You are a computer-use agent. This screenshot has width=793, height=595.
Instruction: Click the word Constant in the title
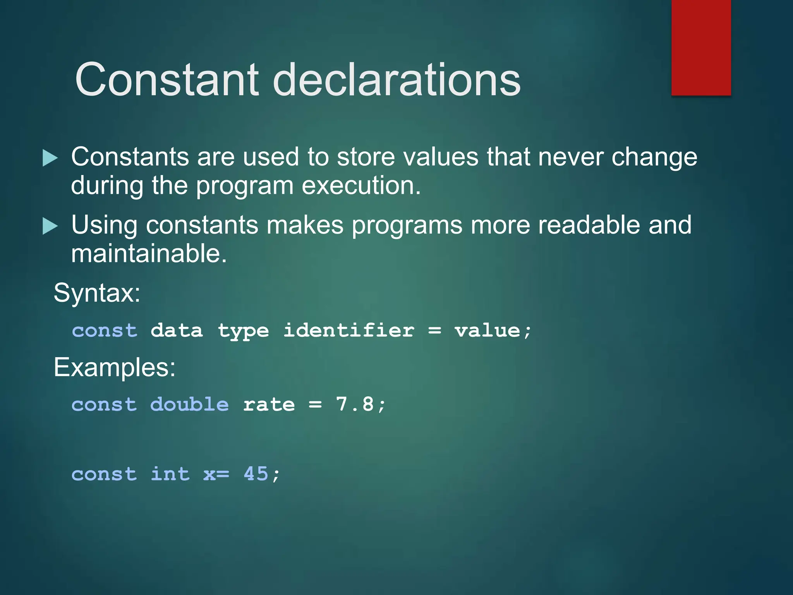click(167, 80)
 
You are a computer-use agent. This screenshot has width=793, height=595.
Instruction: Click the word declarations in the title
click(396, 80)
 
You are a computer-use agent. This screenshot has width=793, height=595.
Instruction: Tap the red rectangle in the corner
click(701, 47)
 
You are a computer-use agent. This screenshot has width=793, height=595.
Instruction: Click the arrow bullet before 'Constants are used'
click(50, 158)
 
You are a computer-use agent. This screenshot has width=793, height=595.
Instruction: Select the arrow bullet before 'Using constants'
click(50, 226)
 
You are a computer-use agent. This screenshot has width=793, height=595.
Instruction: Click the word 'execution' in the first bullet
click(360, 186)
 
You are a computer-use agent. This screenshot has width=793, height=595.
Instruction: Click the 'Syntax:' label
click(97, 293)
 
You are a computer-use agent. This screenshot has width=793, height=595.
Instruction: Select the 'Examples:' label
click(114, 367)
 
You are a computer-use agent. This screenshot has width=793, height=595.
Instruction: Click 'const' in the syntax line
click(105, 331)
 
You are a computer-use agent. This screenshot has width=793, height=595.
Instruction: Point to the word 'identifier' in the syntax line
click(348, 331)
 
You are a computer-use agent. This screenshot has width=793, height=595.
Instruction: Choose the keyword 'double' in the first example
click(189, 405)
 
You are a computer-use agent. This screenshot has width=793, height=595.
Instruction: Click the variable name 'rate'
click(269, 405)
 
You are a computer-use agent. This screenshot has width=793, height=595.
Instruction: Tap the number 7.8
click(355, 404)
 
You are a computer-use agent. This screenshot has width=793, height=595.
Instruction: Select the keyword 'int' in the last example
click(170, 474)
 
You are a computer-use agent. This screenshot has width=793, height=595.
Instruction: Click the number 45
click(256, 474)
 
